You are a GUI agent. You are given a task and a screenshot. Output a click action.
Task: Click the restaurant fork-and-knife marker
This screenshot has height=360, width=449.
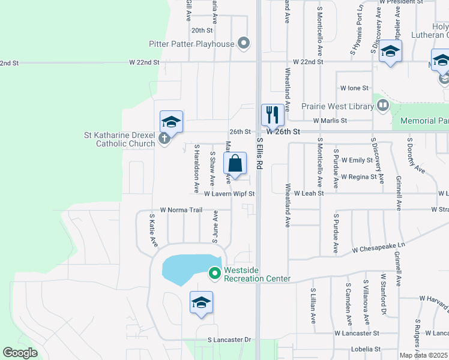(x=273, y=115)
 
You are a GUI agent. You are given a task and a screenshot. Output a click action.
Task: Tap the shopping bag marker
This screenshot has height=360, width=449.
(x=235, y=163)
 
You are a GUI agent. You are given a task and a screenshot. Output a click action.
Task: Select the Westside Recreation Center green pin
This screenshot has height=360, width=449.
(x=214, y=274)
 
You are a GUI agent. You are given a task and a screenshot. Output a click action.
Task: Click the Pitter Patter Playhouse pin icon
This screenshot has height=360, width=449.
(x=243, y=43)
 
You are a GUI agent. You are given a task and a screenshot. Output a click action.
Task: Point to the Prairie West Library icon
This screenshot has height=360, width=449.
(x=382, y=106)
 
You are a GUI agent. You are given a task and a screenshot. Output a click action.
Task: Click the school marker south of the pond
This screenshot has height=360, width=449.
(x=201, y=302)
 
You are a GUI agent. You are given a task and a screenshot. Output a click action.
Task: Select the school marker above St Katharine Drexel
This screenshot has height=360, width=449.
(x=171, y=122)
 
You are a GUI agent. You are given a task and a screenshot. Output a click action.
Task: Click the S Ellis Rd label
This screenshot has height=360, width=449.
(x=260, y=155)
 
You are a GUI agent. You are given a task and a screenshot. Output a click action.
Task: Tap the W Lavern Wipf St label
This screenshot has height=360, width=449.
(x=229, y=194)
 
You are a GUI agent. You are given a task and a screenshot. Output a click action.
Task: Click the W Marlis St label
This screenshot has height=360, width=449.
(x=330, y=121)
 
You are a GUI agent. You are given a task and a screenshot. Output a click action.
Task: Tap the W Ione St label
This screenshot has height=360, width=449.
(x=354, y=88)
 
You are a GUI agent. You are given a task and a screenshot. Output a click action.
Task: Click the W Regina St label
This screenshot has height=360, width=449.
(x=358, y=177)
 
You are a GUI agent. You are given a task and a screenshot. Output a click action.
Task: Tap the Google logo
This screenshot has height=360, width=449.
(x=20, y=353)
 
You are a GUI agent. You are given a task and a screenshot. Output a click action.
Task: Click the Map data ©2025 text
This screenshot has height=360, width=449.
(x=423, y=355)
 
